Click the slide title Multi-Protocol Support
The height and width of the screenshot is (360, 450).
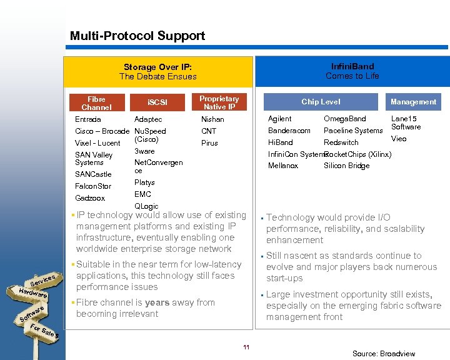tap(137, 36)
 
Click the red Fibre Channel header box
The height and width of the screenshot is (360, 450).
tap(96, 102)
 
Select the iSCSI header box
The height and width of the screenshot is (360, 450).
tap(157, 102)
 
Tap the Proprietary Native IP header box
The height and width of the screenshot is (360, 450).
tap(219, 102)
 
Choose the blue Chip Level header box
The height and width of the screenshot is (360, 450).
tap(321, 102)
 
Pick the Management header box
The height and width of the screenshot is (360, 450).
tap(413, 102)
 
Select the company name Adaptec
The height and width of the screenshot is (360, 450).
tap(148, 119)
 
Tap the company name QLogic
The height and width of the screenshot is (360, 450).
tap(146, 206)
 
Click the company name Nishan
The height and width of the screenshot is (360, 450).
tap(212, 119)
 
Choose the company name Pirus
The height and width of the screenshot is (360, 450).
tap(209, 142)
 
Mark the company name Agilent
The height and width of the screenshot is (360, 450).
tap(279, 119)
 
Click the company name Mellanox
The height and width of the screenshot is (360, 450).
tap(283, 166)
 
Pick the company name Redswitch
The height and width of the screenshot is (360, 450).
tap(341, 142)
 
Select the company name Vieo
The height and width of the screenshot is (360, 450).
tap(399, 139)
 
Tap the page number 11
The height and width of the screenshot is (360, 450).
tap(246, 347)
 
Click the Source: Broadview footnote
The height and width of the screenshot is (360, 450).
tap(383, 354)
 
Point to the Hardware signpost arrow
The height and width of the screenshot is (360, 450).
tap(32, 292)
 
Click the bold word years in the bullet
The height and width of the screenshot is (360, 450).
tap(157, 302)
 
